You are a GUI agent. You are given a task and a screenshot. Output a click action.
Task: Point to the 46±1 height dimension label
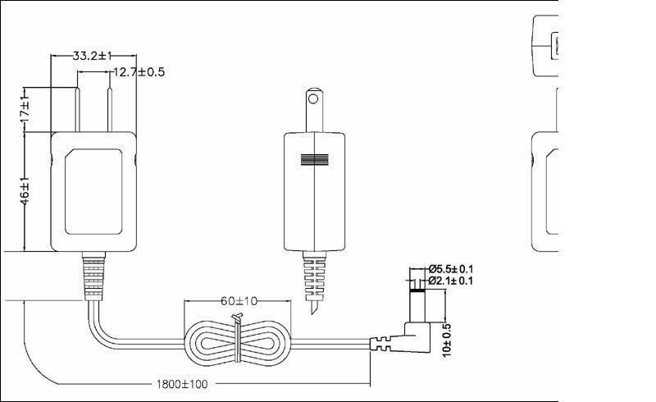(x=25, y=192)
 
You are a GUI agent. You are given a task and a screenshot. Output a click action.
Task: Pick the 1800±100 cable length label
(x=182, y=383)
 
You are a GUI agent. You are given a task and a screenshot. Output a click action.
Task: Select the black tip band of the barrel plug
(x=417, y=284)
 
